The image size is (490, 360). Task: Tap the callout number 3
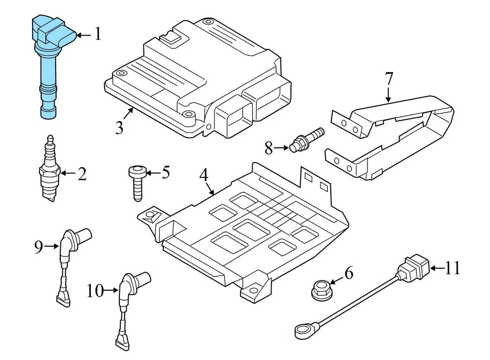tap(119, 127)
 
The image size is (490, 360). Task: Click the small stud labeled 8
tap(305, 140)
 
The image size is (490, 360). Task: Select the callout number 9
tap(38, 247)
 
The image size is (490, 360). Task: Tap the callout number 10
tap(94, 291)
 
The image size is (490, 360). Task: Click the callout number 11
tap(452, 267)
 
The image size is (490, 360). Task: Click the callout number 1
tap(97, 35)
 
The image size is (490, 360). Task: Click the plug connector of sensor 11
tap(414, 268)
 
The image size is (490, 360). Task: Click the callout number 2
tap(82, 174)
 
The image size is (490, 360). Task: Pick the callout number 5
tap(165, 173)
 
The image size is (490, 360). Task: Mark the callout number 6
tap(349, 273)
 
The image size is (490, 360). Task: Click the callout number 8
tap(269, 148)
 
